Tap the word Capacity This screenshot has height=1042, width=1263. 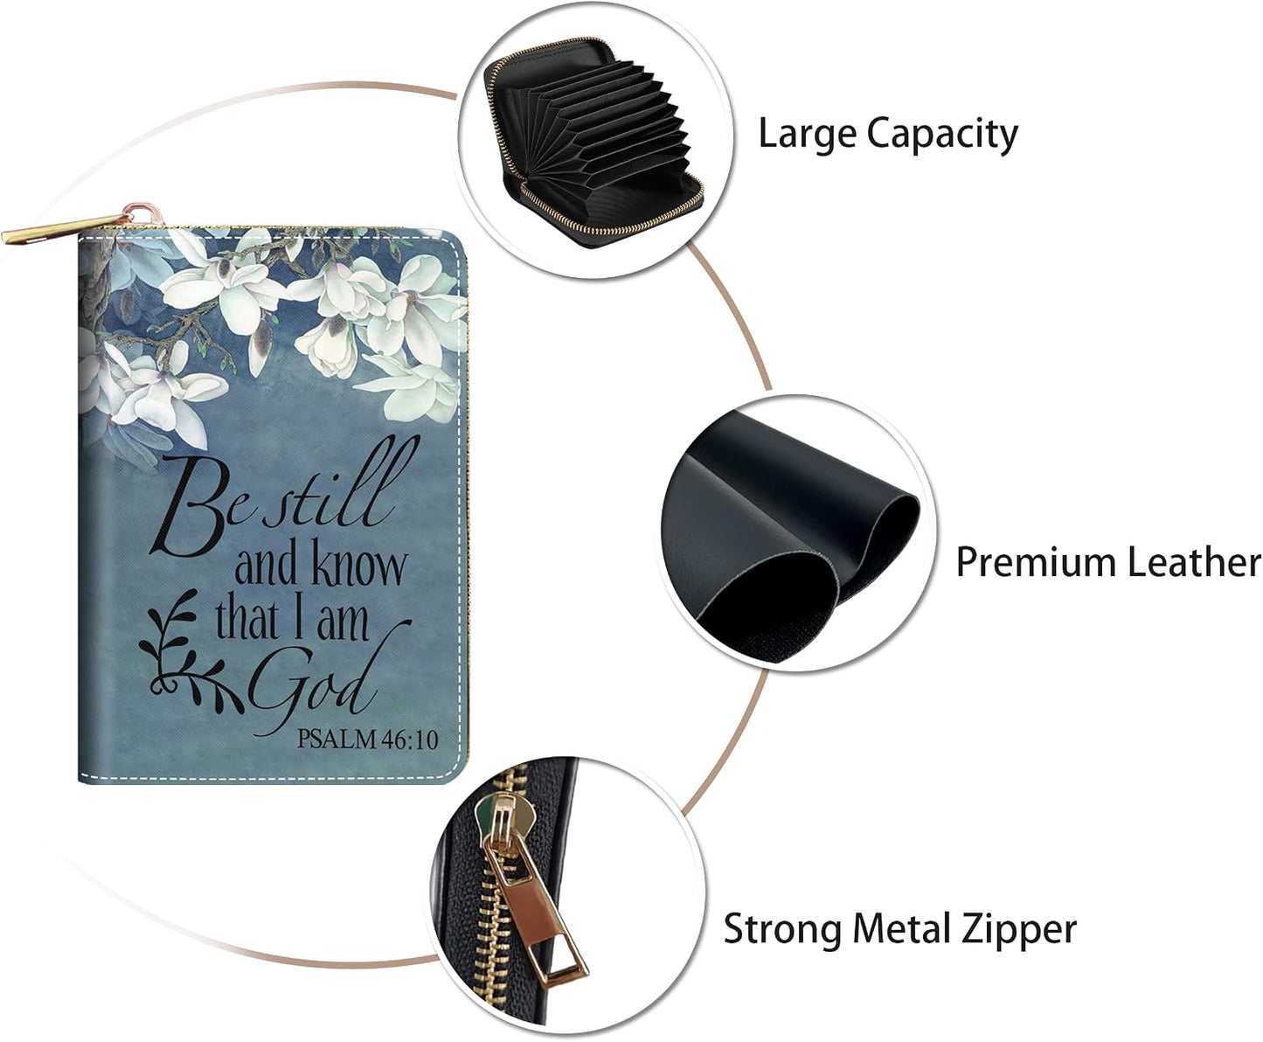click(x=942, y=135)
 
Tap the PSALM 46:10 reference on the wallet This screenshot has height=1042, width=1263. click(x=367, y=739)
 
